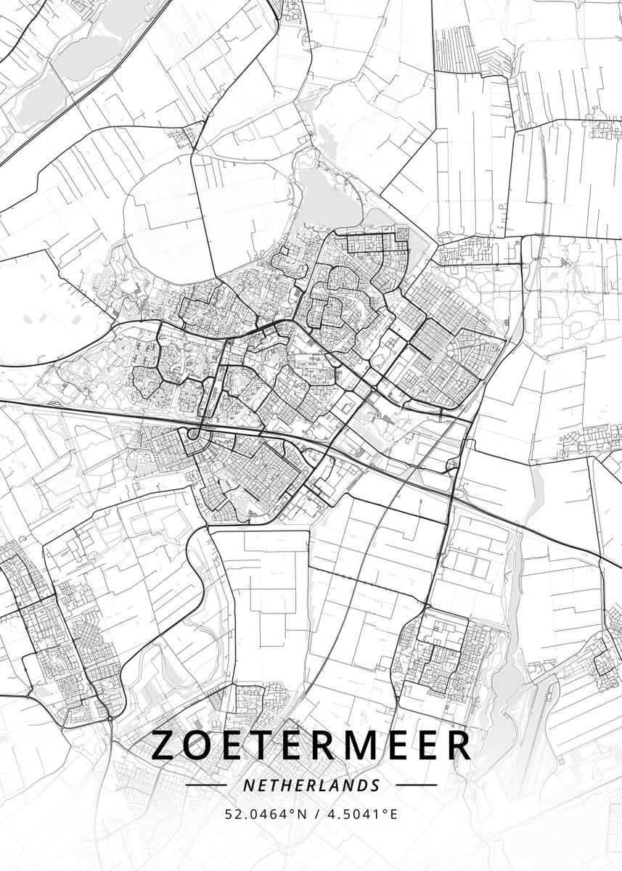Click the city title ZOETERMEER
point(311,746)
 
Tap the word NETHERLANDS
point(311,785)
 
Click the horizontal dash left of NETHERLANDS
point(206,785)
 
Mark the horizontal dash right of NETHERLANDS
point(416,785)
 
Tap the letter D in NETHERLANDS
point(362,785)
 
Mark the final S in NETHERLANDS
point(375,785)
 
